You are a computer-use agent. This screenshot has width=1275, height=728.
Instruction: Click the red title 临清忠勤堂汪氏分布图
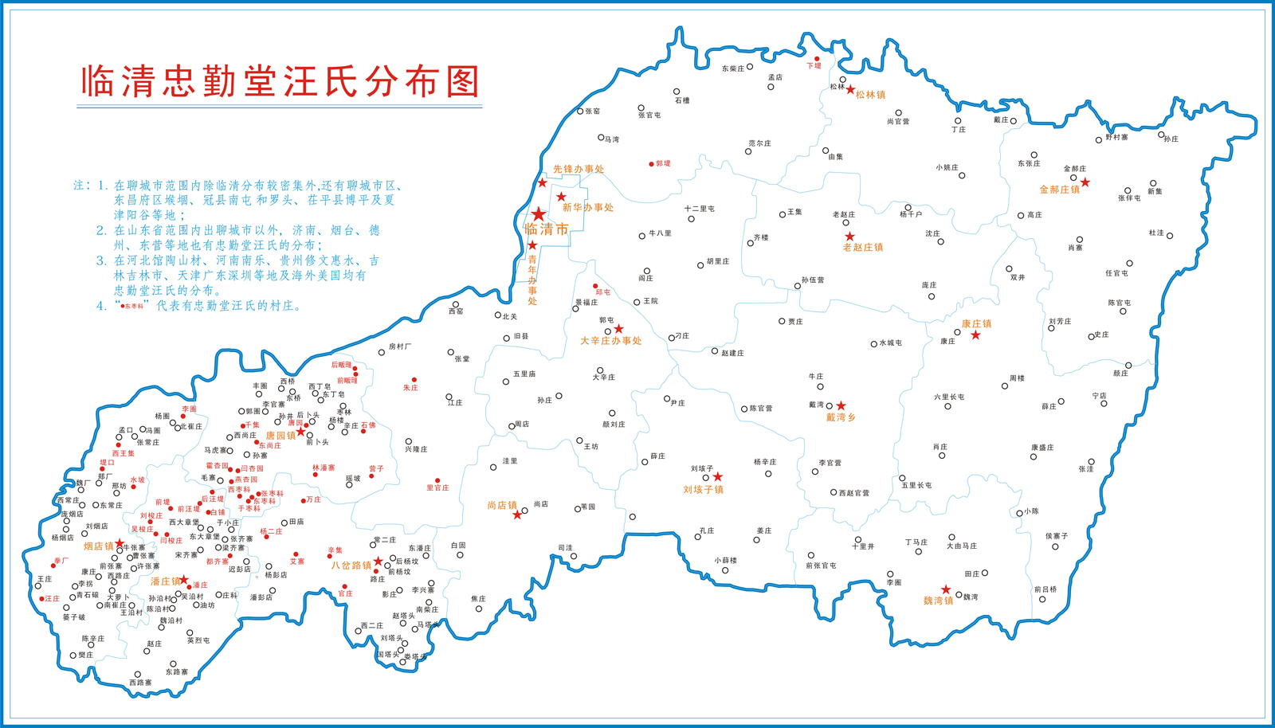coord(280,82)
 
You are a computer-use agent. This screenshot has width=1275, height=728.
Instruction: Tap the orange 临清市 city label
coord(547,229)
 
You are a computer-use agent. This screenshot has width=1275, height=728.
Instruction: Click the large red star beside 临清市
coord(539,214)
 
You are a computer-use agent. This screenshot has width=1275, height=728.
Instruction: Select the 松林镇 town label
coord(870,95)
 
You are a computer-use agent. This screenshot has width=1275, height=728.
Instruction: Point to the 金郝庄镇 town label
coord(1059,190)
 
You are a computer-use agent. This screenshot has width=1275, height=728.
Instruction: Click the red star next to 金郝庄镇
coord(1085,182)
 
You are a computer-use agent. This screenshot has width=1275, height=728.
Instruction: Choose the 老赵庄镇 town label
coord(863,248)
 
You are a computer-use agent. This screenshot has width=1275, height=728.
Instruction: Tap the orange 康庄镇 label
coord(976,324)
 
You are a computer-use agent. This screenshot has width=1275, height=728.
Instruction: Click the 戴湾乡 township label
coord(841,417)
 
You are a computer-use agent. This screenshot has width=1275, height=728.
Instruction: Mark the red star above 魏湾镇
coord(946,590)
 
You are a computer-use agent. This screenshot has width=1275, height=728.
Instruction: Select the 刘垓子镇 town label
coord(703,490)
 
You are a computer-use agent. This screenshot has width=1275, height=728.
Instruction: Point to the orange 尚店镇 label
coord(502,506)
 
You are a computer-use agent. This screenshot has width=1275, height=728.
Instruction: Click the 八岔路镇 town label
coord(351,566)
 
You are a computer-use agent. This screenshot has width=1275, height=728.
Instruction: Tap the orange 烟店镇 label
coord(99,546)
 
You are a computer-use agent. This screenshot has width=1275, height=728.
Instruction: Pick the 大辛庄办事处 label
coord(610,341)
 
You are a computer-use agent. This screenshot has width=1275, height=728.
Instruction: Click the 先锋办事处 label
coord(579,170)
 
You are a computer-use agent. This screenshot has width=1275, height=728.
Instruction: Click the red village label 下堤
coord(814,66)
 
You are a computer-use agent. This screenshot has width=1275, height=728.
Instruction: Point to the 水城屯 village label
coord(890,343)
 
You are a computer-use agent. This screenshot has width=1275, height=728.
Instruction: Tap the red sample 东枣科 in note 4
coord(133,307)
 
